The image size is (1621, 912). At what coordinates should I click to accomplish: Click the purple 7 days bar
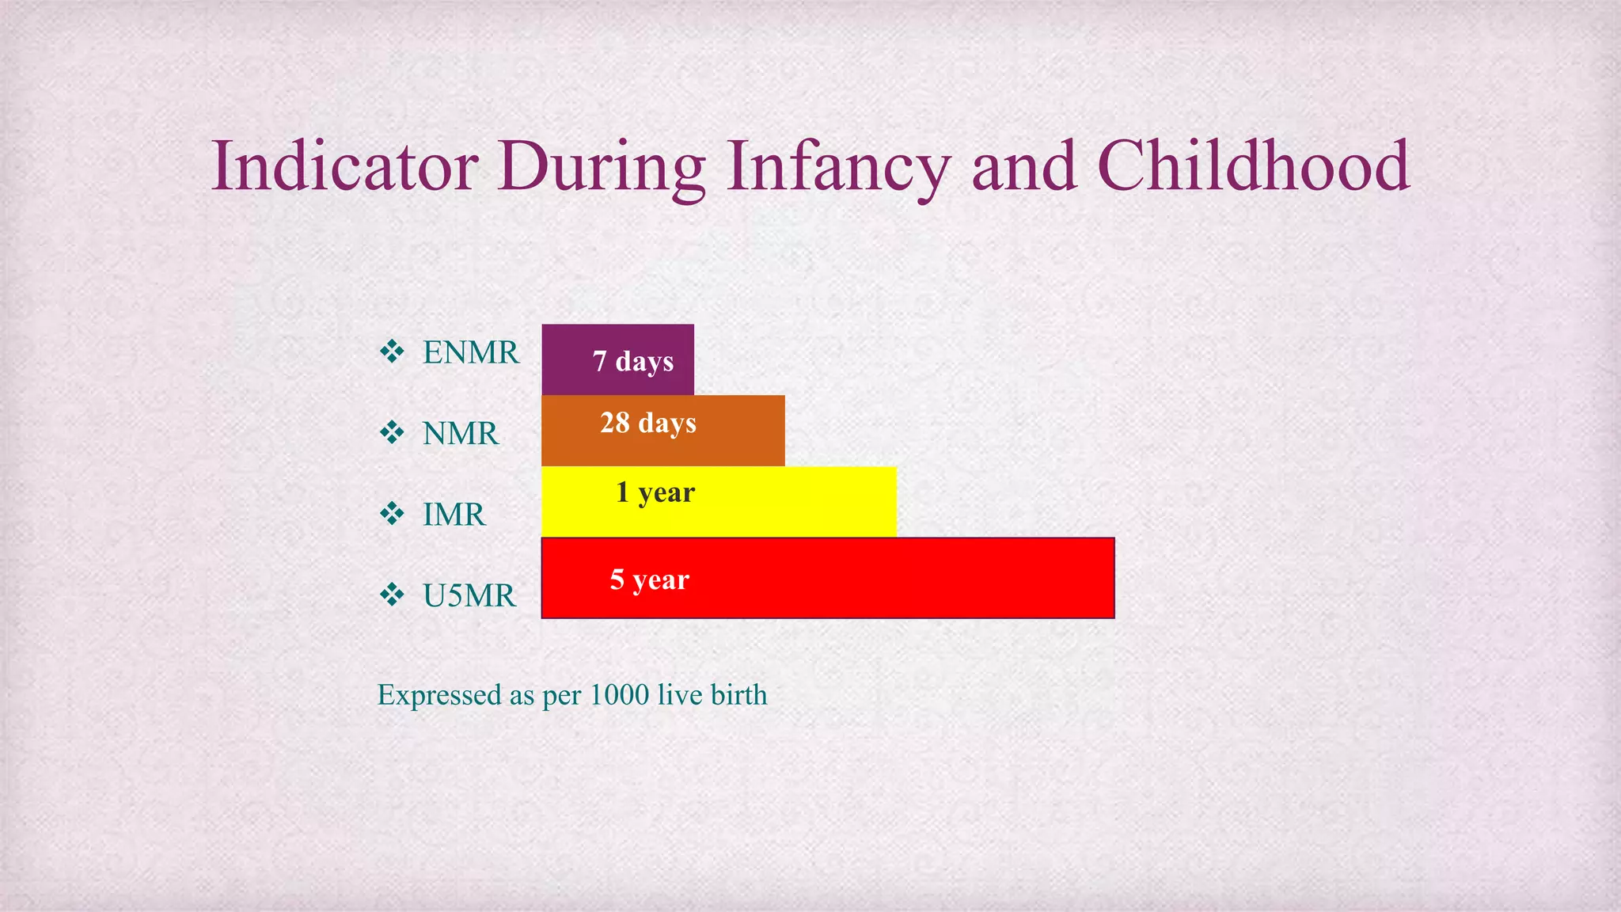pos(617,359)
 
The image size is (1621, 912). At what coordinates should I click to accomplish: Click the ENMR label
pos(470,352)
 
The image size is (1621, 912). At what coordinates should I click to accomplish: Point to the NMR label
pos(460,434)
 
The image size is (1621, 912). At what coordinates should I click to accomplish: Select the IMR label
pos(454,515)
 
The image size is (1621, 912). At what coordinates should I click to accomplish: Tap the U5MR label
pos(469,595)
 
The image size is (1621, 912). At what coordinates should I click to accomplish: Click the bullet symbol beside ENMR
pos(392,351)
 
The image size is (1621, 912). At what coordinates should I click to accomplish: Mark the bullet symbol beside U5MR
pos(392,595)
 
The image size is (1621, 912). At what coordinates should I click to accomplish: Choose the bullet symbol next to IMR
pos(392,514)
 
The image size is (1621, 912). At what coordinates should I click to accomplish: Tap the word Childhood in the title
pos(1253,166)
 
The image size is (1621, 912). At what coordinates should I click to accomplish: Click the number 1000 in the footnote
pos(619,695)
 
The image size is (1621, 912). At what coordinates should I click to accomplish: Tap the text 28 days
pos(647,423)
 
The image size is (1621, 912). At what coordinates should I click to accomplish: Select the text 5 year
pos(649,579)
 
